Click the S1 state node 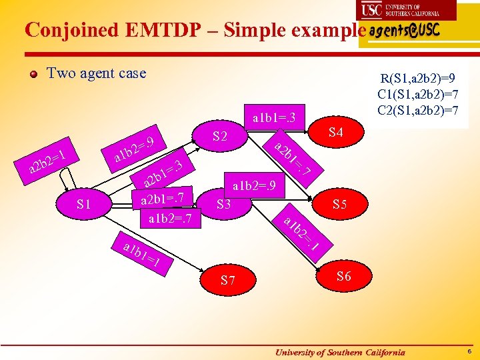click(84, 204)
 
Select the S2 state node click(221, 137)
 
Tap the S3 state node click(223, 204)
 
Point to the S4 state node click(335, 133)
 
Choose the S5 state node click(339, 205)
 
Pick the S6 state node click(343, 277)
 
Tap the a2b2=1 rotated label click(46, 163)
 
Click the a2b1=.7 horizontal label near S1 click(163, 198)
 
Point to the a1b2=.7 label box click(169, 218)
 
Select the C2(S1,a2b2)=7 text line click(417, 110)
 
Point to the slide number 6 click(469, 351)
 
